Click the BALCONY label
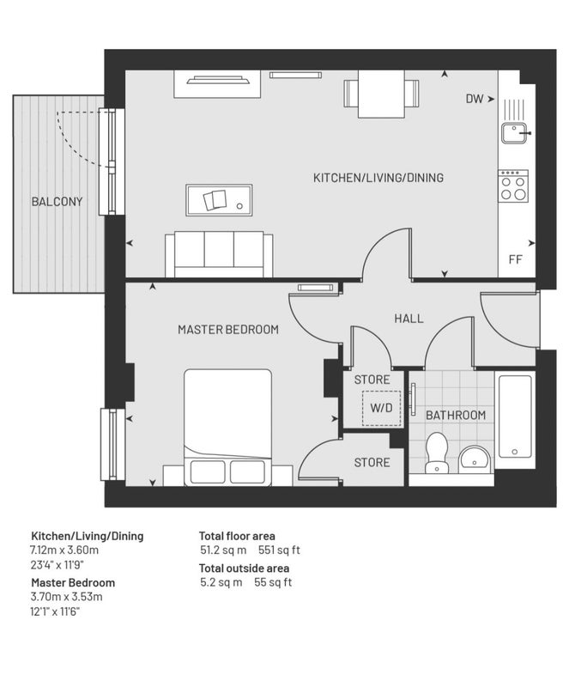click(x=57, y=202)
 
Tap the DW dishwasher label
click(x=475, y=99)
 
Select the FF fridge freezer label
click(x=516, y=259)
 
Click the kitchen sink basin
click(x=515, y=133)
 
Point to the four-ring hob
click(x=513, y=185)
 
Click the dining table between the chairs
click(x=381, y=94)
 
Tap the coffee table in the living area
click(x=219, y=200)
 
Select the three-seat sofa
click(x=219, y=254)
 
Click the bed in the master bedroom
click(x=227, y=427)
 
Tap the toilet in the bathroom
click(x=436, y=453)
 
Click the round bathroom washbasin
click(x=475, y=459)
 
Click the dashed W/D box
click(x=382, y=408)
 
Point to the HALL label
click(x=409, y=319)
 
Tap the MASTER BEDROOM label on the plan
click(x=228, y=330)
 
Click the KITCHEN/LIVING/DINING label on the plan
click(x=378, y=178)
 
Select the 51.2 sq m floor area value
click(x=223, y=550)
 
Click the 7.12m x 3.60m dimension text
click(x=64, y=550)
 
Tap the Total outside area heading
click(x=244, y=568)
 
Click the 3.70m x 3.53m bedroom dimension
click(x=66, y=597)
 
